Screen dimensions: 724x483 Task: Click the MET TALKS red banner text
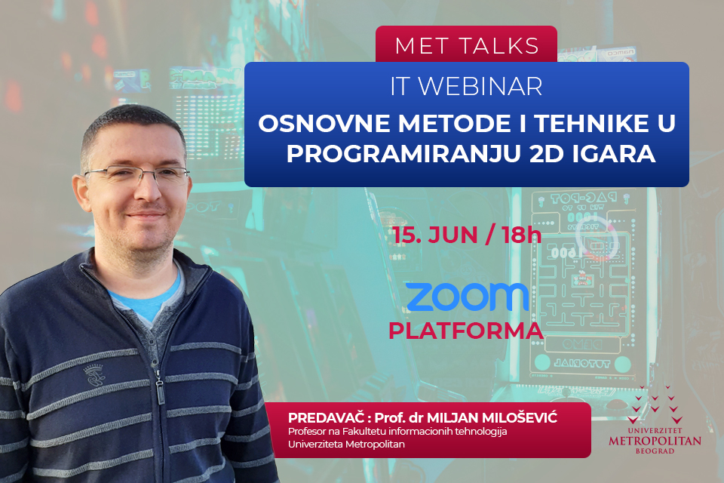467,46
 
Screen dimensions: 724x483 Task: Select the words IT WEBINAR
466,87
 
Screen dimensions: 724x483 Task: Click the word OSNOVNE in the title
324,124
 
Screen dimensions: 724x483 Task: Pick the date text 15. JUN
435,235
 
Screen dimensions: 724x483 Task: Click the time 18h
522,235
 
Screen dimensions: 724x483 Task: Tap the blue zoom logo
468,297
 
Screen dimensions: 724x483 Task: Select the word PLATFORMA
465,331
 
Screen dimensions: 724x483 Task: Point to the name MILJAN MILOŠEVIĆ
492,418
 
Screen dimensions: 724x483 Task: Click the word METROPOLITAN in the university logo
655,441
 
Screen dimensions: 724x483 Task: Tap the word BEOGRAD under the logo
655,451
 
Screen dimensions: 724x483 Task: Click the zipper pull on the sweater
160,391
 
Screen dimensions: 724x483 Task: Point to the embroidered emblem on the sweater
94,375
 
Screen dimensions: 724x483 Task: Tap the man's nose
147,190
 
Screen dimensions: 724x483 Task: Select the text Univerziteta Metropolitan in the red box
346,445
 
